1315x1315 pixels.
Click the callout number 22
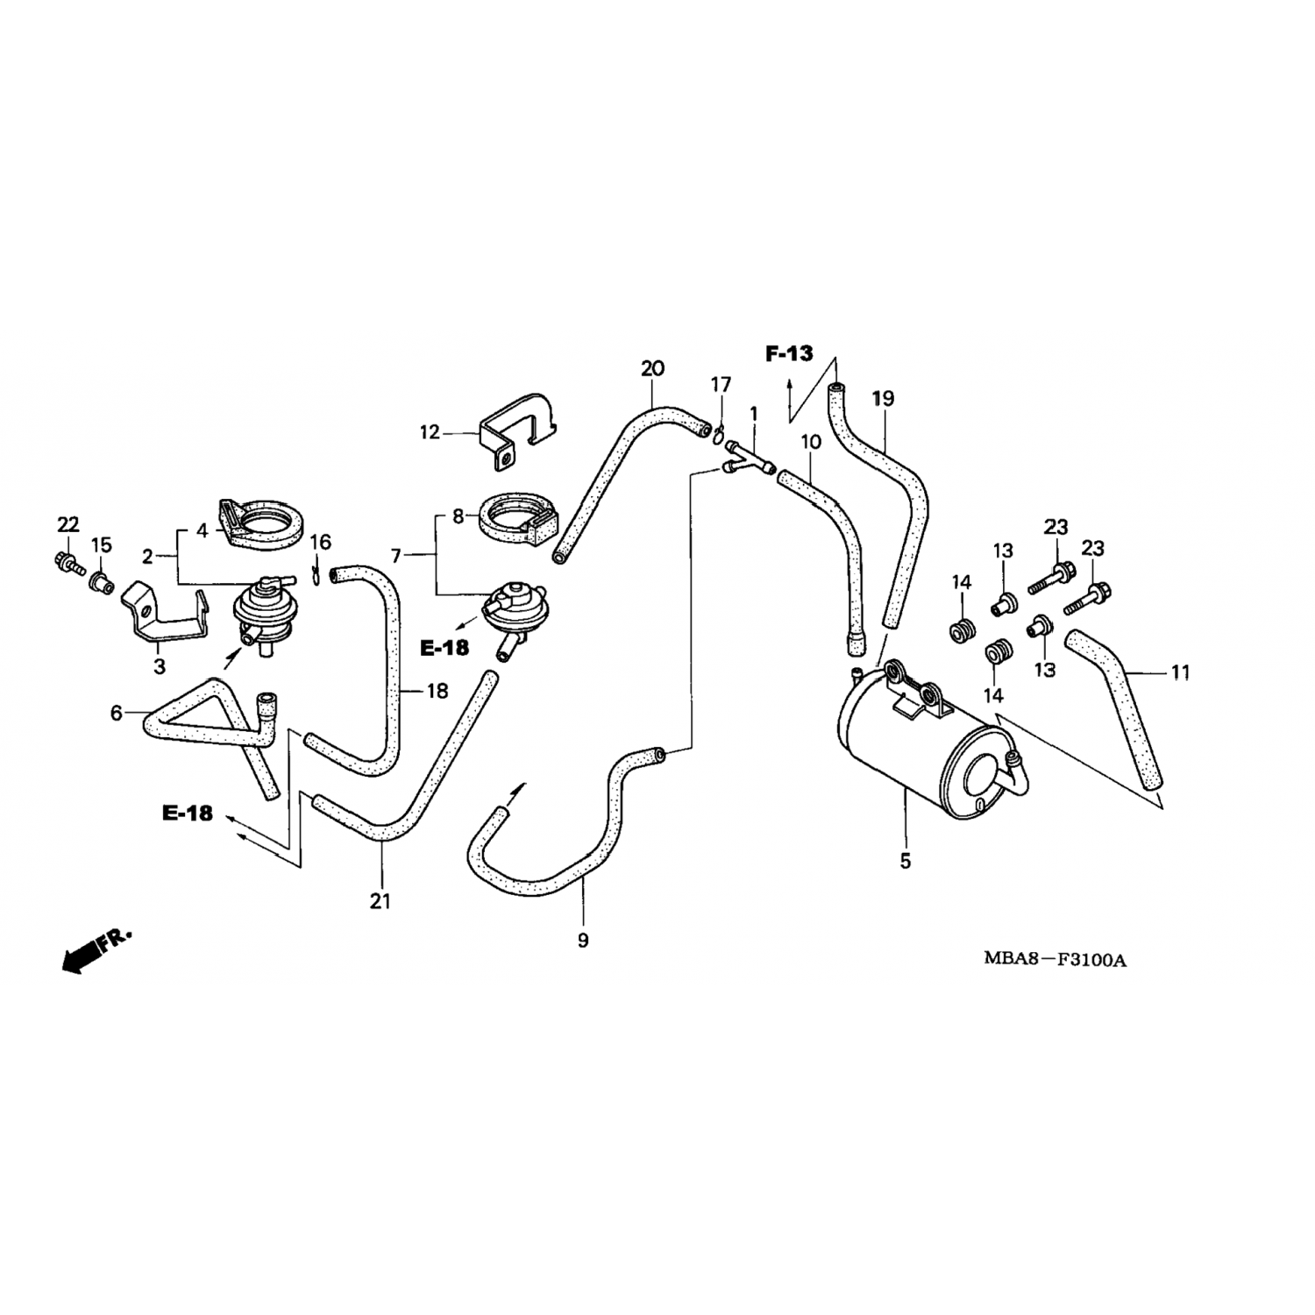click(68, 525)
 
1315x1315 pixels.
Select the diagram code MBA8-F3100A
click(1054, 959)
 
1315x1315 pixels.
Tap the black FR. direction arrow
click(82, 956)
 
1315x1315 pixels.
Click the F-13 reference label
click(789, 354)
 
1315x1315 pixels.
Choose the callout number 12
click(430, 432)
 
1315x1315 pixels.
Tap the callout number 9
click(583, 941)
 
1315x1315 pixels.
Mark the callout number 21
click(380, 900)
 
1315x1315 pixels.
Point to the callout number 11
click(1180, 673)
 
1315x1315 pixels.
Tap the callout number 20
click(652, 368)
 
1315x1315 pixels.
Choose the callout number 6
click(116, 714)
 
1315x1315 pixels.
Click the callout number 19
click(883, 399)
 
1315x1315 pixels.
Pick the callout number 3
click(159, 667)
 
